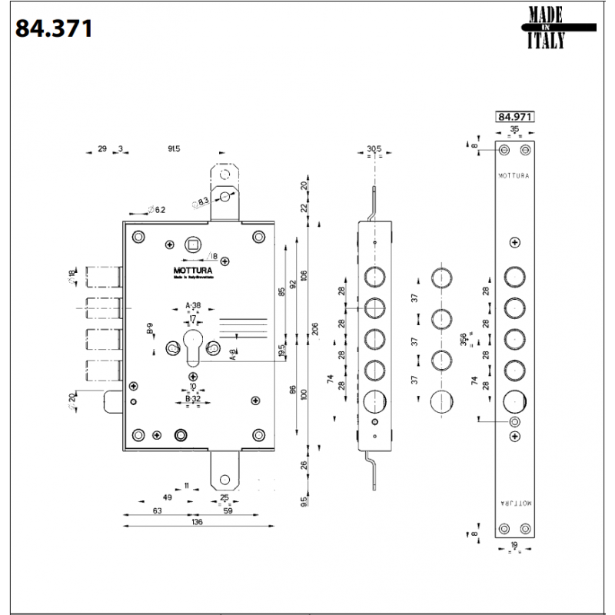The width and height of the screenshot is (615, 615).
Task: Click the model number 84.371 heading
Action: click(55, 28)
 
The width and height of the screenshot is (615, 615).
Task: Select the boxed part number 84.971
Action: click(514, 117)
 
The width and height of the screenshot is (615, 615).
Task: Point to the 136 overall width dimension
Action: click(197, 522)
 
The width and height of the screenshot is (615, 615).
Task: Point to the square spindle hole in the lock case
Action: click(192, 245)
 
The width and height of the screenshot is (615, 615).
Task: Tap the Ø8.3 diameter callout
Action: click(201, 203)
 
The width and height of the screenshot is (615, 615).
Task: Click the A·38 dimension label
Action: click(193, 306)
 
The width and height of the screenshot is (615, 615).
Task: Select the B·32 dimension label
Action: click(192, 400)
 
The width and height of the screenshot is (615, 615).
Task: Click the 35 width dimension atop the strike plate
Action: click(514, 130)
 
